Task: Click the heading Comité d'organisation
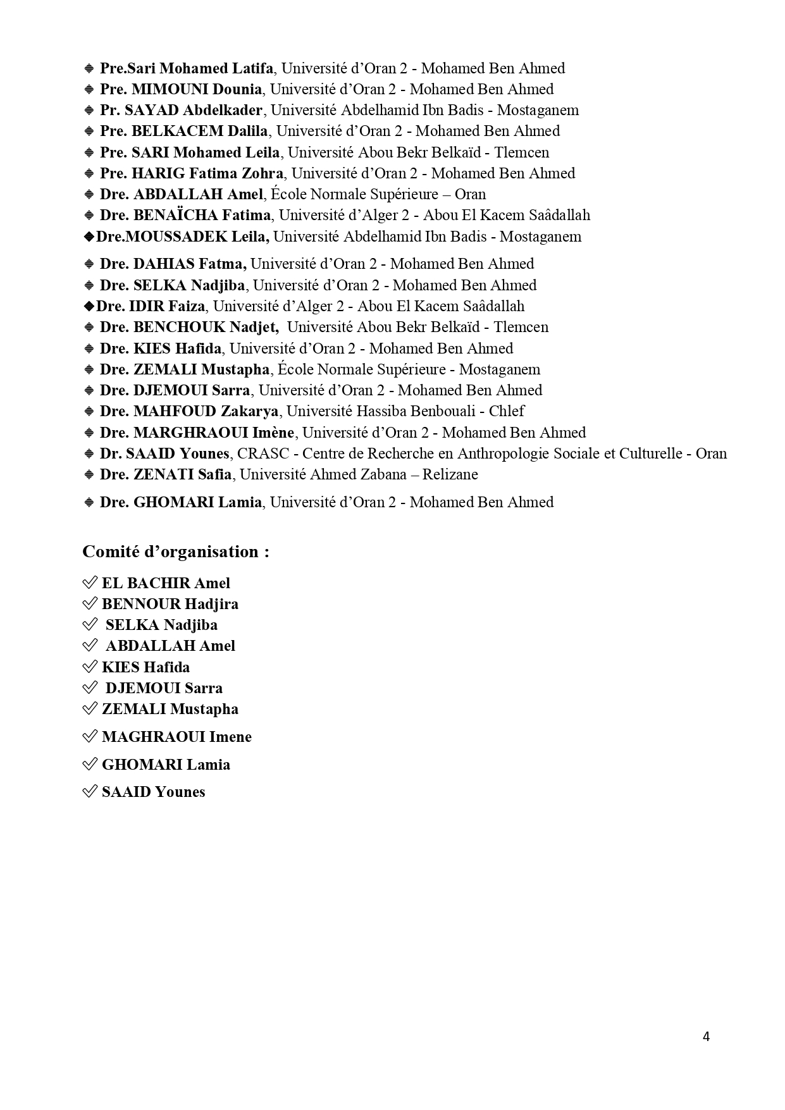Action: pyautogui.click(x=176, y=552)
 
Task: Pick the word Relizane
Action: pyautogui.click(x=450, y=474)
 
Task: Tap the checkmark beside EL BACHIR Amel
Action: pyautogui.click(x=90, y=583)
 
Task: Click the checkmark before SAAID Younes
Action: pyautogui.click(x=90, y=791)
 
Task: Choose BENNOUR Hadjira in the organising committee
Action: pyautogui.click(x=170, y=604)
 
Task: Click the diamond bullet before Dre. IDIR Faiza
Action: pyautogui.click(x=89, y=306)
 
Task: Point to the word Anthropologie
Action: pyautogui.click(x=504, y=453)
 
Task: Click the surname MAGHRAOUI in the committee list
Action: pyautogui.click(x=154, y=737)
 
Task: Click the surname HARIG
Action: pyautogui.click(x=152, y=173)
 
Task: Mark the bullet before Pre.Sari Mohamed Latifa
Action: pyautogui.click(x=89, y=68)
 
